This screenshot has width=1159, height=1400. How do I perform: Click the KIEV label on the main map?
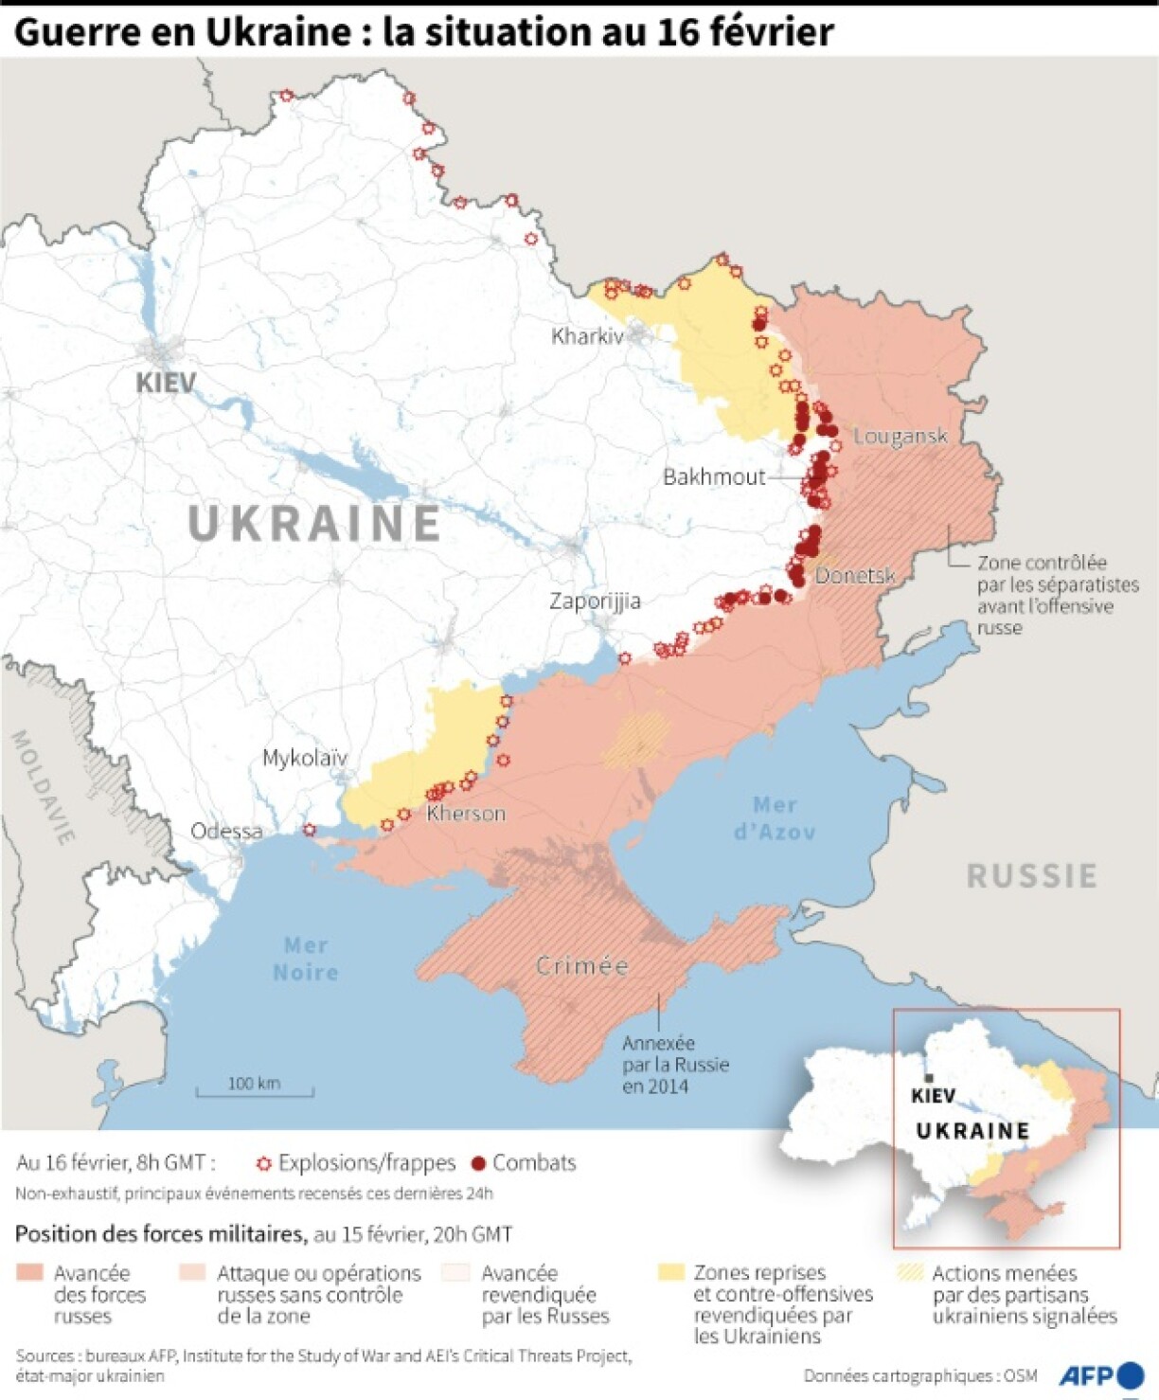166,383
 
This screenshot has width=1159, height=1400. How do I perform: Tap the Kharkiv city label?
587,336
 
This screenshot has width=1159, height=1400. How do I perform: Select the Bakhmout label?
713,476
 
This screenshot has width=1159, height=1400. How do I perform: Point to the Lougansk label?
900,436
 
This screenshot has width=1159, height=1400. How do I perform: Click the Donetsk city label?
855,575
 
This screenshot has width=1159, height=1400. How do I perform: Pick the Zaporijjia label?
595,601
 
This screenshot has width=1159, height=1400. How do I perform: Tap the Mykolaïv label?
305,758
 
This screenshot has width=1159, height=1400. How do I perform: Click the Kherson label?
466,813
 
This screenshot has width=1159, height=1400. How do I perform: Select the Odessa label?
226,831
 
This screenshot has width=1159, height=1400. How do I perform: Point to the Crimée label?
581,966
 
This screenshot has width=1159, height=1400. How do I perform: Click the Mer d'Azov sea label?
775,818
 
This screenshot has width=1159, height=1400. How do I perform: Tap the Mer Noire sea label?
305,959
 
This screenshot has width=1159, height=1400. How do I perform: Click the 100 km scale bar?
254,1089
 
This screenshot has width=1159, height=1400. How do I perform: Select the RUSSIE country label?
1032,875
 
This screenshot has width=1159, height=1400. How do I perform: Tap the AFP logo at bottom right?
1101,1374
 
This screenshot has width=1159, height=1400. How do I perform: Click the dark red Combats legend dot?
478,1163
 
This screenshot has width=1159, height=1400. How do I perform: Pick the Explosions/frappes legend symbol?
264,1163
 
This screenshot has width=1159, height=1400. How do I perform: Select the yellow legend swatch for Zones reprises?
671,1272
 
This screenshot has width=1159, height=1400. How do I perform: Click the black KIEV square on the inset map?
929,1078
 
